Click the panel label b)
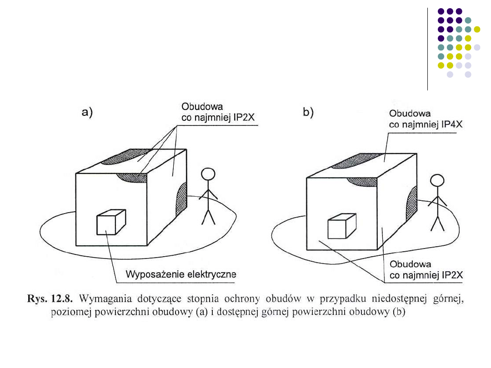coord(308,113)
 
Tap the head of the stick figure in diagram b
coord(437,181)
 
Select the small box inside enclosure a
coord(110,223)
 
